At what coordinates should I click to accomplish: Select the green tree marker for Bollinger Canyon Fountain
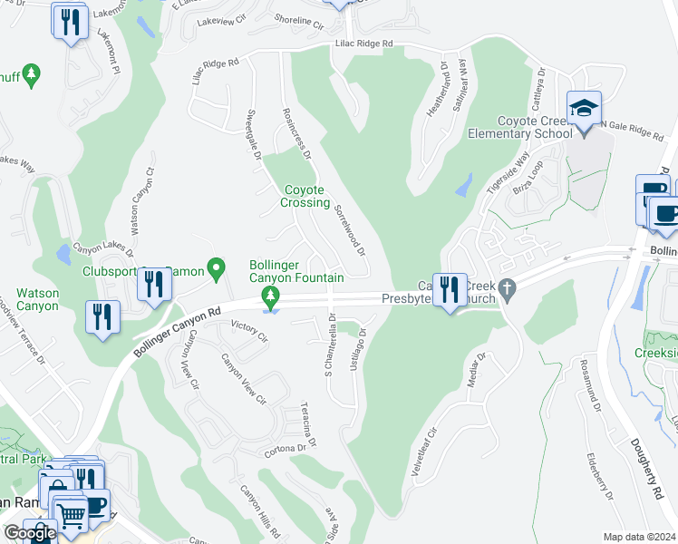pos(269,296)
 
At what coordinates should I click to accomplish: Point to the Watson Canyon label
pos(37,300)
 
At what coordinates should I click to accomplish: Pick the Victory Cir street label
pos(250,331)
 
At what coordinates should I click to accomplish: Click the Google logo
pos(29,533)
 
